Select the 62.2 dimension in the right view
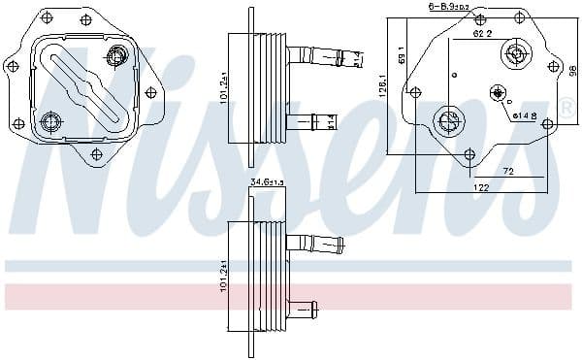482,33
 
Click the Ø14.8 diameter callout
525,115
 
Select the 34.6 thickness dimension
263,182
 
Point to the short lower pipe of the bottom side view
305,308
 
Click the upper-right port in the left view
116,58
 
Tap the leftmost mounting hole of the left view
12,67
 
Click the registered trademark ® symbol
566,110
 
